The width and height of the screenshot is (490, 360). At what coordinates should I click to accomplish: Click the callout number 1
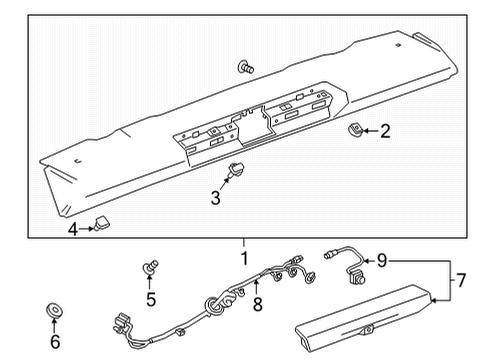[x=242, y=257]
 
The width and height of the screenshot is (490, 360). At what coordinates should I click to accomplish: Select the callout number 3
[x=215, y=197]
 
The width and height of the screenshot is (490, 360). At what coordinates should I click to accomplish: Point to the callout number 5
[x=152, y=298]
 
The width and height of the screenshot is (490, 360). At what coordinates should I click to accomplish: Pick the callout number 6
[x=54, y=341]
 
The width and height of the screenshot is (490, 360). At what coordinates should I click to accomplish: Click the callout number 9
[x=382, y=261]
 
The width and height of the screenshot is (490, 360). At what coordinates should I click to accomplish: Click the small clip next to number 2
[x=355, y=130]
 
